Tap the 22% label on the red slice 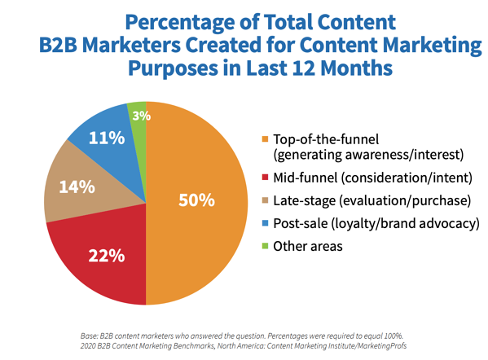(107, 257)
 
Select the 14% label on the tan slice (75, 186)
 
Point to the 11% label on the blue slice (108, 138)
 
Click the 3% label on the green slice (141, 116)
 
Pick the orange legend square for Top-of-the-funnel (266, 137)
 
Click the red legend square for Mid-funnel (266, 177)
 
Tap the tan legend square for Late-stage (266, 200)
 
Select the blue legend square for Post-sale (266, 223)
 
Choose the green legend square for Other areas (266, 246)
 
